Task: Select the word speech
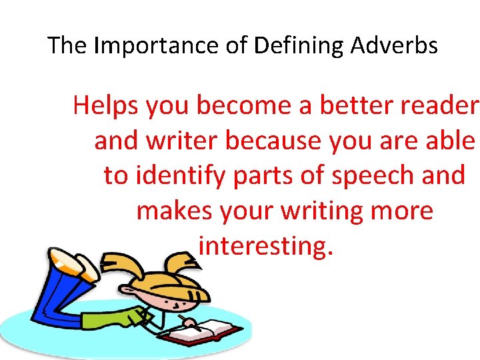coord(372,176)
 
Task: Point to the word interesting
coord(265,247)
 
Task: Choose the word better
coord(346,105)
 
